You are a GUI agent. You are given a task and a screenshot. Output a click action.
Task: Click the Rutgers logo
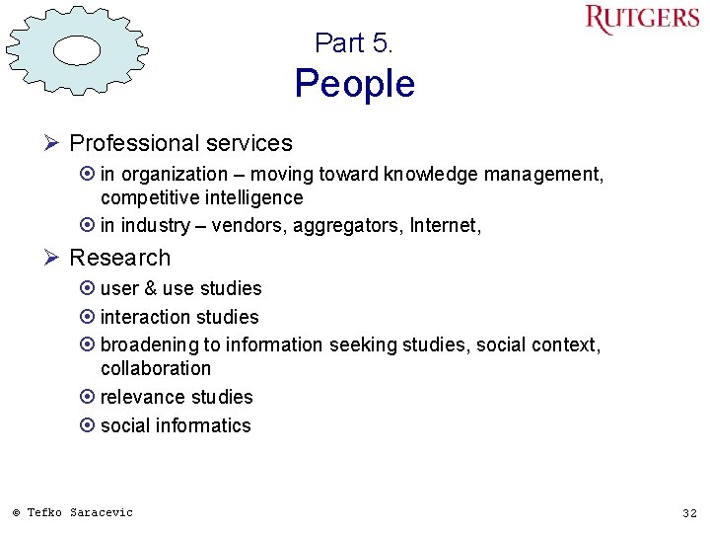coord(641,20)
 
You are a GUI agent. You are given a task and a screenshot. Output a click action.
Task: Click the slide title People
coord(355,84)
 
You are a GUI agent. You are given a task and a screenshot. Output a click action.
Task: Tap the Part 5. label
coord(354,43)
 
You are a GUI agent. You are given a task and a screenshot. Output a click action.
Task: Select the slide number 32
coord(689,513)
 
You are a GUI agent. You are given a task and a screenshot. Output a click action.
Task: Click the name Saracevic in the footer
coord(101,512)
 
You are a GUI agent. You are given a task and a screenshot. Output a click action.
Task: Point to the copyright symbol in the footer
coord(16,512)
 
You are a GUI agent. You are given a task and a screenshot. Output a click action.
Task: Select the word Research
coord(119,258)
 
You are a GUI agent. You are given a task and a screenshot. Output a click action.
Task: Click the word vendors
coord(246,226)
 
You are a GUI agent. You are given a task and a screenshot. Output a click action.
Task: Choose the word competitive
coord(148,197)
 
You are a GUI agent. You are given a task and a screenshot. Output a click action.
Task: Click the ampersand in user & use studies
coord(149,288)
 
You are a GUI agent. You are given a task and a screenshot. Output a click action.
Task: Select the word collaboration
coord(156,368)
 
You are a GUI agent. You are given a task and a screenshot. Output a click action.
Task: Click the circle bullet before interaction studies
coord(88,317)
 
